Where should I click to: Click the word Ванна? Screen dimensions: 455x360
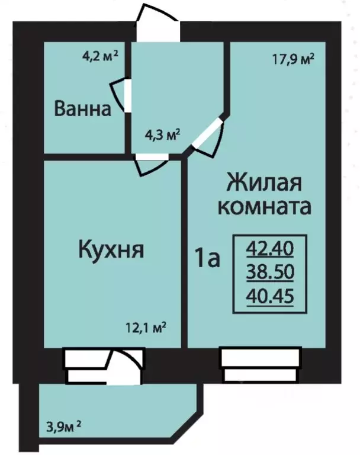point(83,110)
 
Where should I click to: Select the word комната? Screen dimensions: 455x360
point(265,207)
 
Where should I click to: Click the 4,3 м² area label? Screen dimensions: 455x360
point(163,134)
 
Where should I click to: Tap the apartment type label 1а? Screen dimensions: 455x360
point(207,258)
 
